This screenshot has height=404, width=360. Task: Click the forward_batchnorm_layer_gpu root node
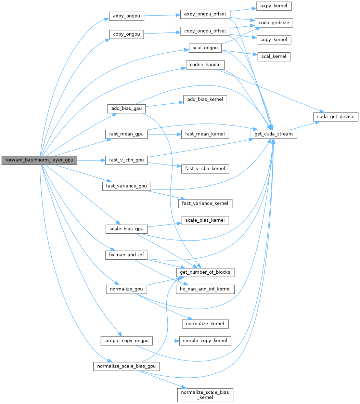point(39,160)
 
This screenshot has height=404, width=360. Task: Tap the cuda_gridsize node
point(274,23)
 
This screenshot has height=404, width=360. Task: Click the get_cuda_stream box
point(274,134)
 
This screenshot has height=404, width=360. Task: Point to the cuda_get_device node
point(336,117)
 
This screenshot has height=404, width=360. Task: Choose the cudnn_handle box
point(205,65)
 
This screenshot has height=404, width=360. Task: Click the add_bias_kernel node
point(205,100)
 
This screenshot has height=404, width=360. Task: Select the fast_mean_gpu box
point(126,134)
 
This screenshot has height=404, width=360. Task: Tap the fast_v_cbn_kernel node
point(205,168)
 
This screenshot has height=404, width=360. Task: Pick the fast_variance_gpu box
point(127,186)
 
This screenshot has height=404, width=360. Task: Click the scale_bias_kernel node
point(205,220)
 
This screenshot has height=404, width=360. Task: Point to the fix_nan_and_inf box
point(126,255)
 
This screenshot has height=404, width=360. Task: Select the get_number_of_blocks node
point(205,272)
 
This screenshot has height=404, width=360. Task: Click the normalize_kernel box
point(205,323)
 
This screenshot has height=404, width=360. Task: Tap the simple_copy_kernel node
point(205,341)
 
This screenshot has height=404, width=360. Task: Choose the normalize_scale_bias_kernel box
point(205,394)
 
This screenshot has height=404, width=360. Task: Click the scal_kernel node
point(274,57)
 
